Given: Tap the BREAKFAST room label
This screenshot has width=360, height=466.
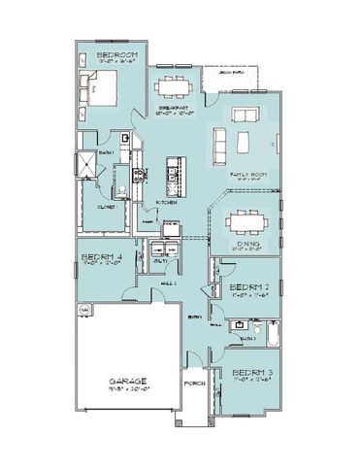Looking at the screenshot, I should (x=174, y=108).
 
